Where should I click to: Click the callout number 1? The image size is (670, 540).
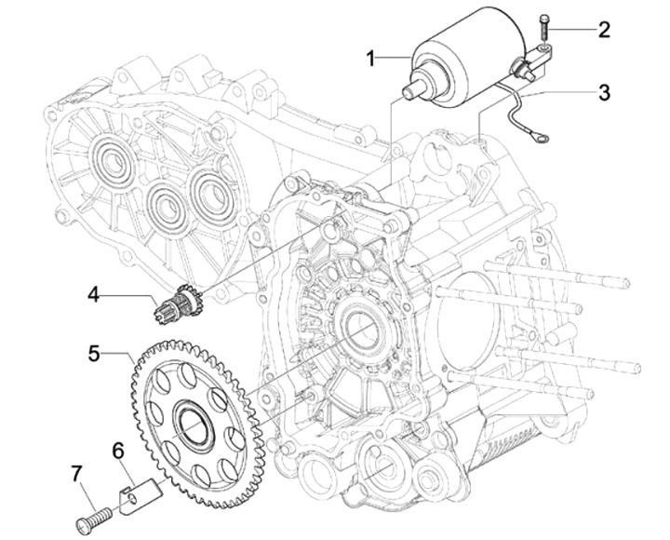coord(372,58)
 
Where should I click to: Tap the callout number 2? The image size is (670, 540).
coord(603,30)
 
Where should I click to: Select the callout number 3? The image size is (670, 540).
coord(604,92)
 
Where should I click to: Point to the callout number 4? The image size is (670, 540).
coord(94,294)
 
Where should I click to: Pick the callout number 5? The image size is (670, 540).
coord(94,353)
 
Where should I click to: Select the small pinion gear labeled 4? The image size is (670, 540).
coord(179,304)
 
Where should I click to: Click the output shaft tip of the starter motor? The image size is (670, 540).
coord(410,92)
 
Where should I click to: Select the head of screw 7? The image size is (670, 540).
coord(84,525)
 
